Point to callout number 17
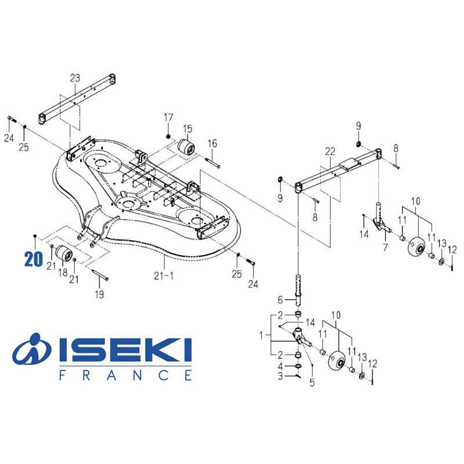168,118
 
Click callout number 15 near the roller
187,128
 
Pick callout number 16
212,143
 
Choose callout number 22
330,151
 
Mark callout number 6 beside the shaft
280,300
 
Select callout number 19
99,295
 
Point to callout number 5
313,382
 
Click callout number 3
280,377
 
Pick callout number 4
280,366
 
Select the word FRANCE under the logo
125,375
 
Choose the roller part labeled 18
63,254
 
